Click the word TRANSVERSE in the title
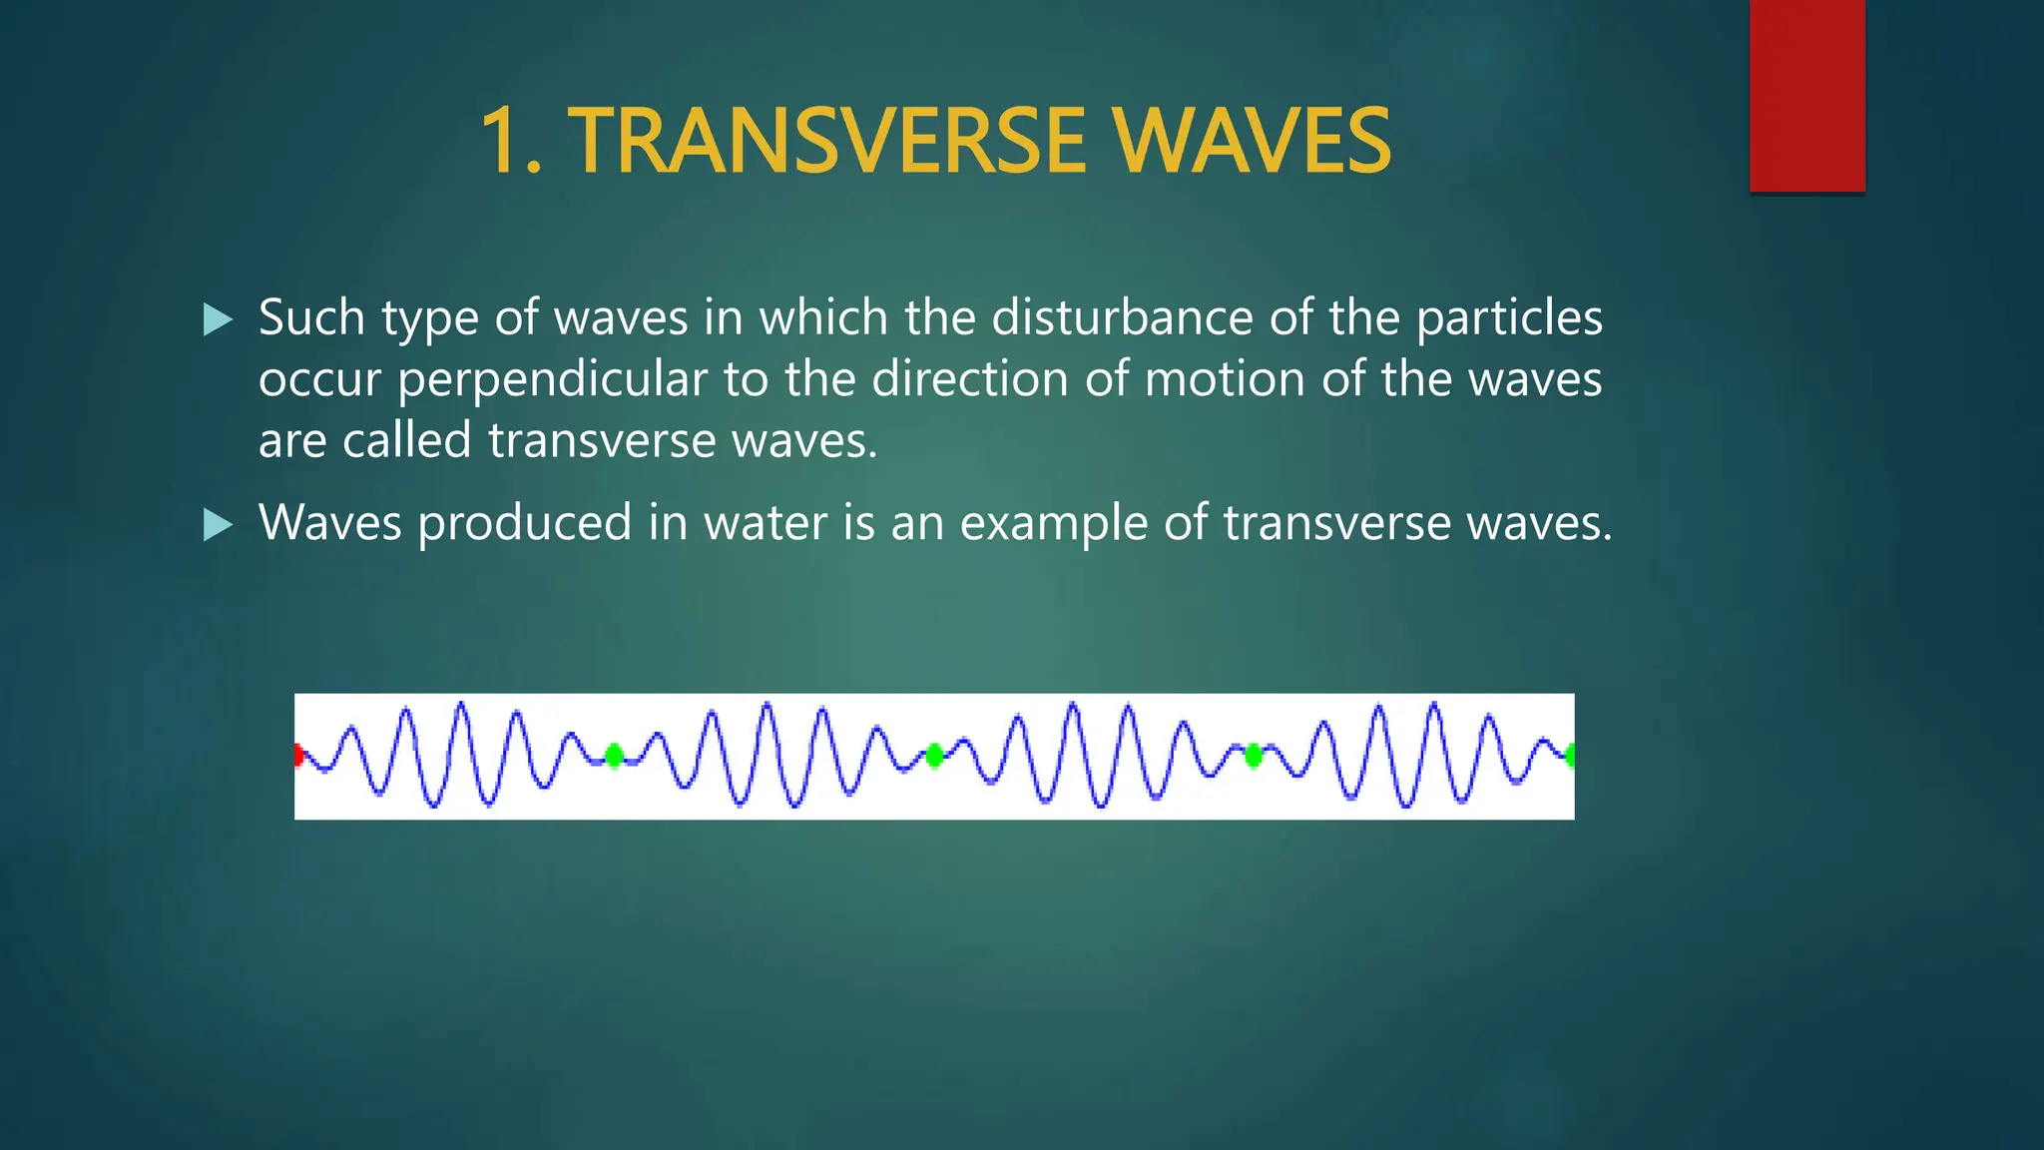click(826, 141)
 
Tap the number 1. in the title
click(510, 141)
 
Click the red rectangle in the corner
click(1806, 96)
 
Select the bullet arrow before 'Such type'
click(217, 319)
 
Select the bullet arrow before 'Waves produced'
click(217, 524)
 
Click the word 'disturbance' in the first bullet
click(1122, 317)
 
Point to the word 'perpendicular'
click(553, 379)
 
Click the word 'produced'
click(524, 523)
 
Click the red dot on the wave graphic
click(298, 755)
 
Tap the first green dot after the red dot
click(615, 756)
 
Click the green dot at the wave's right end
click(1570, 756)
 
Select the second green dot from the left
click(934, 756)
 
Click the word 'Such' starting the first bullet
click(311, 317)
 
